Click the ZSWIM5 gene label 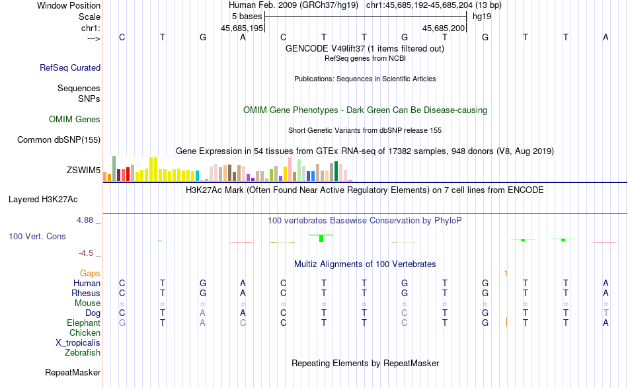click(x=83, y=171)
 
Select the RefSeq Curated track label click(x=70, y=67)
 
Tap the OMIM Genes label click(x=75, y=120)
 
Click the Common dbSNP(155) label click(x=59, y=139)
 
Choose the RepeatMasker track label click(x=73, y=373)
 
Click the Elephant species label click(x=83, y=323)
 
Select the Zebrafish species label click(x=83, y=353)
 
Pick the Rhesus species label click(x=86, y=293)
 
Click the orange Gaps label click(x=90, y=273)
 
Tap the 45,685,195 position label click(x=242, y=28)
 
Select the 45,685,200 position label click(x=444, y=28)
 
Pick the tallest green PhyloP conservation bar click(x=321, y=238)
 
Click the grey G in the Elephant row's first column click(x=122, y=323)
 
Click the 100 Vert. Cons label click(x=37, y=236)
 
